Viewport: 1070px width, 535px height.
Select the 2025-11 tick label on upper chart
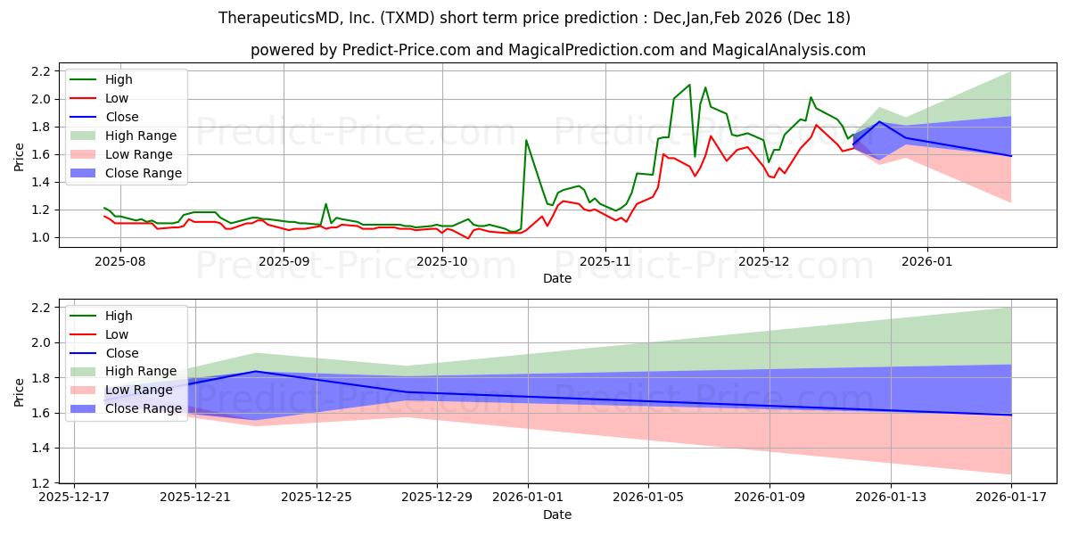(x=605, y=261)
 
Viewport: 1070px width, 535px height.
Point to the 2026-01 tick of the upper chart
(x=927, y=261)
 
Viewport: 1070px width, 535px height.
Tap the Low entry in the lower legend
(x=117, y=334)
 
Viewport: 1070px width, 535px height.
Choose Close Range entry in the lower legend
(x=144, y=408)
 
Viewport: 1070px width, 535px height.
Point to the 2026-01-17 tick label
(x=1011, y=497)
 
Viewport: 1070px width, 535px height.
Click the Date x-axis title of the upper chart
(x=557, y=278)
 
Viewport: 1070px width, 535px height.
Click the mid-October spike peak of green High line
(x=526, y=140)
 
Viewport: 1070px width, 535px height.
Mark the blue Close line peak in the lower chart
(x=256, y=371)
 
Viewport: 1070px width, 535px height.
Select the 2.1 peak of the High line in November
(x=689, y=85)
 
